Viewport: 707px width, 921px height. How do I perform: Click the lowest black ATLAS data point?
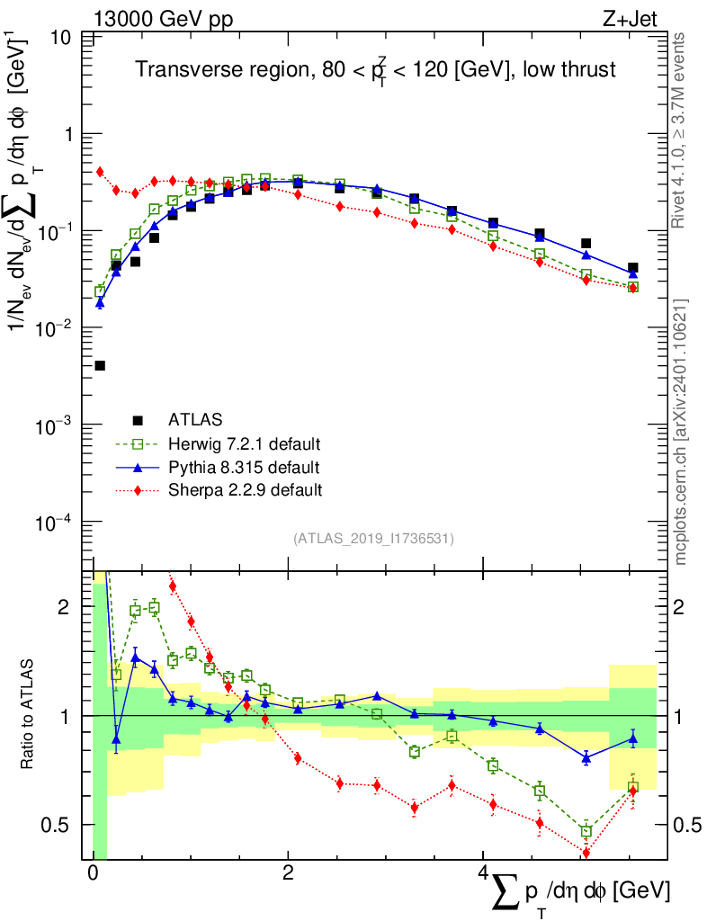[x=100, y=365]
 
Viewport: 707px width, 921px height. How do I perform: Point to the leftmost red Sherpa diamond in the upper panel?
[x=100, y=172]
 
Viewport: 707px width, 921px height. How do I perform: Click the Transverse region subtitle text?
[x=375, y=70]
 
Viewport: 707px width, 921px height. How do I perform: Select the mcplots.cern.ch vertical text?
[x=681, y=432]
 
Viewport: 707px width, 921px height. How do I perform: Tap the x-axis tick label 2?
[x=288, y=874]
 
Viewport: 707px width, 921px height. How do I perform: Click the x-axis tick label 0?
[x=93, y=874]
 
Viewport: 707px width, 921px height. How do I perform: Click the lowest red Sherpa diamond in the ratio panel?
[x=586, y=853]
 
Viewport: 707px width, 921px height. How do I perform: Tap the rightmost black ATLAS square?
[x=633, y=268]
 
